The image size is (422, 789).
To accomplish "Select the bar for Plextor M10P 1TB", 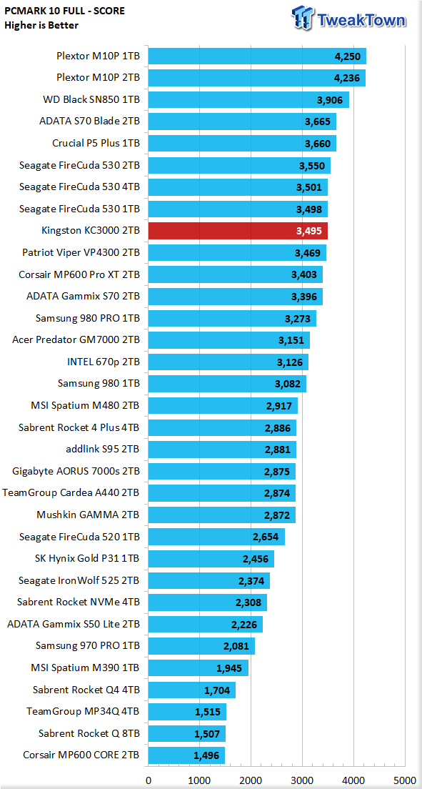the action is pyautogui.click(x=257, y=56).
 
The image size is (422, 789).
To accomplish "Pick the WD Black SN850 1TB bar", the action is pyautogui.click(x=248, y=99).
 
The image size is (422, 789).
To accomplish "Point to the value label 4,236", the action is pyautogui.click(x=348, y=78).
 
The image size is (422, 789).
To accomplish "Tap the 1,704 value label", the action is pyautogui.click(x=217, y=690).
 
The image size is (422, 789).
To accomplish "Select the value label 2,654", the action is pyautogui.click(x=266, y=537).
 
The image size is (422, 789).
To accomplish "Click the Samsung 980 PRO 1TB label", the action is pyautogui.click(x=88, y=318).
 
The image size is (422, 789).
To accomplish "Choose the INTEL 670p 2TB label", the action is pyautogui.click(x=104, y=362).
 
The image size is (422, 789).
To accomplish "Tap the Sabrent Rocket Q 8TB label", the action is pyautogui.click(x=89, y=733).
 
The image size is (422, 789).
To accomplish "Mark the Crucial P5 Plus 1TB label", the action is pyautogui.click(x=96, y=144).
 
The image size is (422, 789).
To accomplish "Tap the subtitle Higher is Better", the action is pyautogui.click(x=41, y=24).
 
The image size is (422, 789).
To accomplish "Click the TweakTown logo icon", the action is pyautogui.click(x=303, y=19).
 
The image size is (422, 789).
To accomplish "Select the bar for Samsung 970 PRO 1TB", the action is pyautogui.click(x=201, y=646).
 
